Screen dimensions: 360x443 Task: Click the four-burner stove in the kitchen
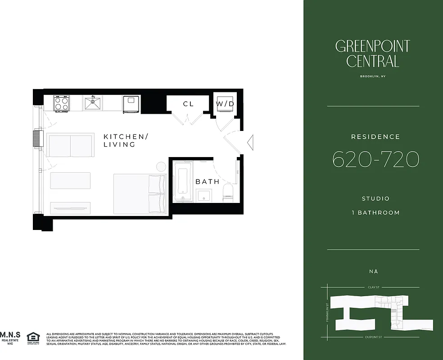(x=61, y=104)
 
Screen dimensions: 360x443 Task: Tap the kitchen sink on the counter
(x=93, y=103)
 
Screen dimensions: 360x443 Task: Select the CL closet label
(x=188, y=104)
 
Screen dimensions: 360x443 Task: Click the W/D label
(x=225, y=104)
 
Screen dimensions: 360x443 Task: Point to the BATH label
(x=208, y=182)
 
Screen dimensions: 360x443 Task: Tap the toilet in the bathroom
(x=229, y=191)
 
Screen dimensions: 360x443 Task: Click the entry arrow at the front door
(x=251, y=142)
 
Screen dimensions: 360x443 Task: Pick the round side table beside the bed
(x=161, y=167)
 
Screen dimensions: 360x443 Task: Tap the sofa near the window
(x=69, y=145)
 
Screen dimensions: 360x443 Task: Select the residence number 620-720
(x=375, y=159)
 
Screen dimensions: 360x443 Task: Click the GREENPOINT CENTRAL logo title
(x=373, y=53)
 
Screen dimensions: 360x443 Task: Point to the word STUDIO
(x=375, y=198)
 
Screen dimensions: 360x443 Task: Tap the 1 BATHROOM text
(x=375, y=212)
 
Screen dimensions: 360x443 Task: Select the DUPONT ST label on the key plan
(x=374, y=337)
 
